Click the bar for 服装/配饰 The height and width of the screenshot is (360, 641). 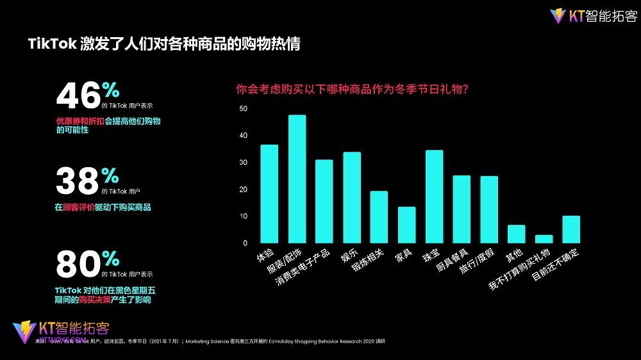click(x=297, y=179)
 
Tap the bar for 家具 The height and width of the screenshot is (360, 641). click(x=406, y=225)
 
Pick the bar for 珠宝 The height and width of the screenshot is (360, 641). click(x=434, y=197)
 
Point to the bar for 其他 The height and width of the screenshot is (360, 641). click(x=517, y=234)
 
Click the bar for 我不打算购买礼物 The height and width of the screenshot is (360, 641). click(x=544, y=239)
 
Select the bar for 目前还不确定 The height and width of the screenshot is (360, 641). click(x=571, y=229)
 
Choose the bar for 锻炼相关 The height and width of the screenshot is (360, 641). click(x=379, y=217)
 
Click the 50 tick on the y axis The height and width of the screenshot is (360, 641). click(x=243, y=109)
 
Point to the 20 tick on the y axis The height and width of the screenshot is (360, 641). click(x=243, y=190)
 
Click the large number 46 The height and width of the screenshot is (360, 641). click(x=79, y=97)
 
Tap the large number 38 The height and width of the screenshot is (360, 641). click(x=78, y=181)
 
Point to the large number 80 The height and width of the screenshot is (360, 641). click(x=78, y=265)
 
